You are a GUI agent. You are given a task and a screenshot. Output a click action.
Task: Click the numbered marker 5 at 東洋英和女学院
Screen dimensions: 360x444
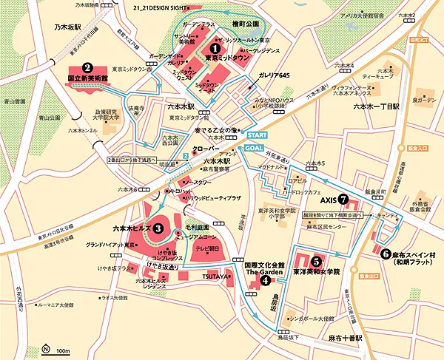click(x=316, y=260)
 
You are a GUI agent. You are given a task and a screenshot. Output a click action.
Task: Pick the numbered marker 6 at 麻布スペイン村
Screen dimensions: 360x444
click(x=386, y=252)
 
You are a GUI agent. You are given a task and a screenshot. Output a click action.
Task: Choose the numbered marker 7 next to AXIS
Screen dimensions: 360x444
click(x=343, y=199)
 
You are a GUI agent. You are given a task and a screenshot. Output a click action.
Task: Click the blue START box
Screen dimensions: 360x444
click(x=256, y=136)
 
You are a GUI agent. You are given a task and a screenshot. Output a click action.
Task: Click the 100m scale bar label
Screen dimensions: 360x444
click(x=63, y=350)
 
